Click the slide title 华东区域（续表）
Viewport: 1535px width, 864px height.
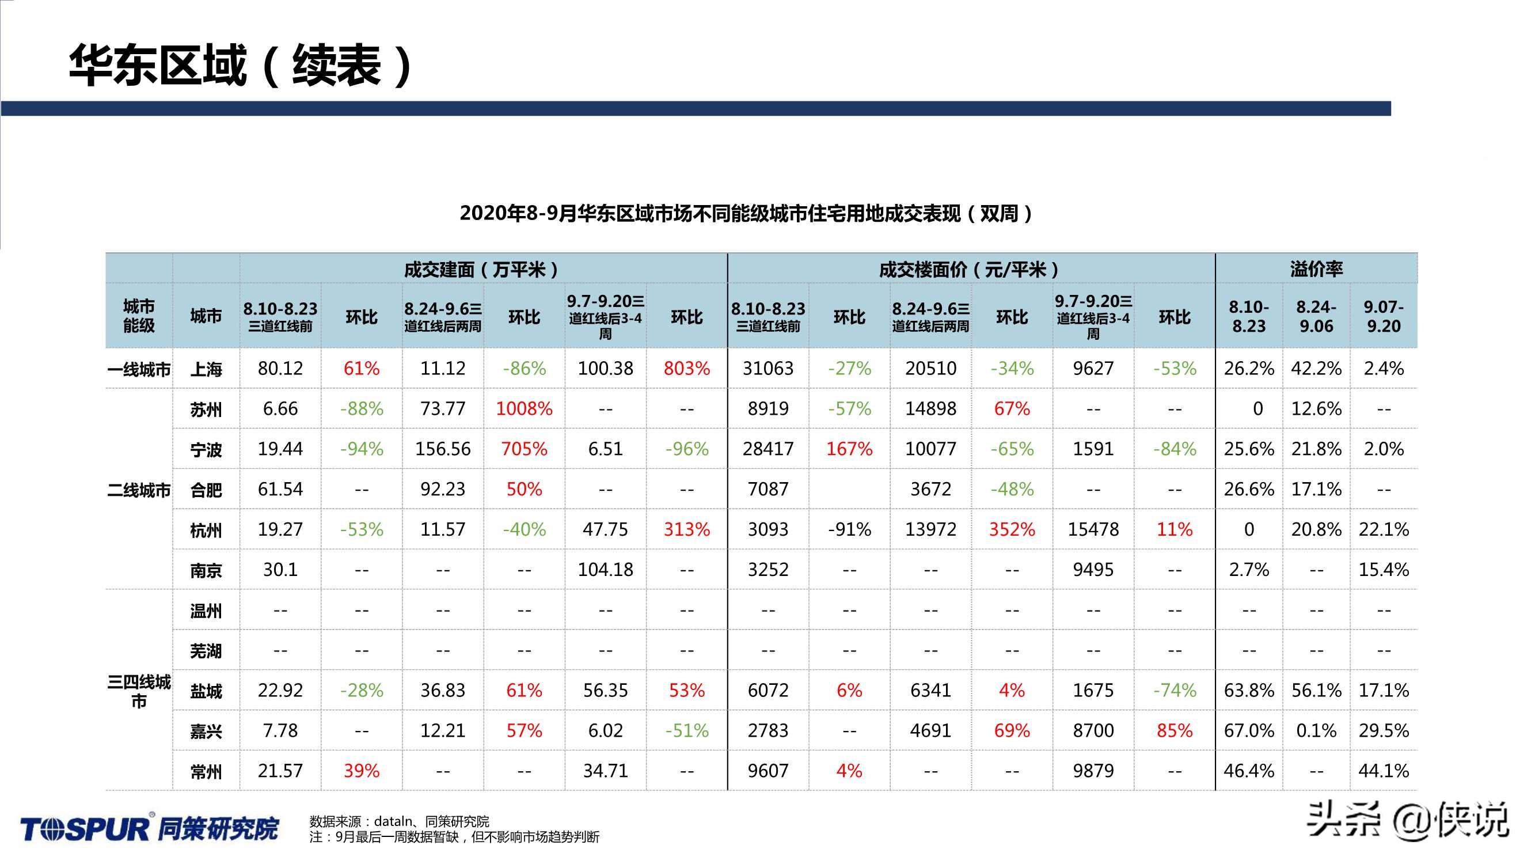pyautogui.click(x=241, y=66)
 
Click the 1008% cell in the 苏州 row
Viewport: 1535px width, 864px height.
pyautogui.click(x=524, y=409)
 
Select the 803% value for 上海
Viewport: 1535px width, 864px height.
pyautogui.click(x=686, y=369)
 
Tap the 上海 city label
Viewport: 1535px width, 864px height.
pyautogui.click(x=206, y=370)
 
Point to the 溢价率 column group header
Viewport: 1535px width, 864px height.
pyautogui.click(x=1316, y=270)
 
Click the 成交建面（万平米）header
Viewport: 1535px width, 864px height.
pyautogui.click(x=481, y=270)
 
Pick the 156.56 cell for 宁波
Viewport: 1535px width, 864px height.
pyautogui.click(x=443, y=449)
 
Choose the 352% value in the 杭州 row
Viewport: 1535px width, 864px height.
pyautogui.click(x=1012, y=529)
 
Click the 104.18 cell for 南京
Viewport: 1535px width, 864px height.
pyautogui.click(x=605, y=570)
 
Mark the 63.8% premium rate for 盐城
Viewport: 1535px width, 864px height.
pyautogui.click(x=1248, y=691)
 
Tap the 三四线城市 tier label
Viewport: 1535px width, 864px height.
pyautogui.click(x=139, y=691)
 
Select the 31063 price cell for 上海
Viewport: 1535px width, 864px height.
pyautogui.click(x=767, y=369)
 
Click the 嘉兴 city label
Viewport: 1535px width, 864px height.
pyautogui.click(x=206, y=731)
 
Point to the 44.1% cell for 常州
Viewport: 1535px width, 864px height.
pyautogui.click(x=1383, y=771)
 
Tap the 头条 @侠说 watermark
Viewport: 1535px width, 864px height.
pyautogui.click(x=1408, y=820)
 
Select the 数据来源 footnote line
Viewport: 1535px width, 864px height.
pyautogui.click(x=399, y=821)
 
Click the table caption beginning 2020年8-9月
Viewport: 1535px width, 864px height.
pyautogui.click(x=746, y=214)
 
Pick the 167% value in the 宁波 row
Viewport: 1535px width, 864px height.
pyautogui.click(x=849, y=449)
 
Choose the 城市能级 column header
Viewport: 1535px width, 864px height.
pyautogui.click(x=139, y=316)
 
